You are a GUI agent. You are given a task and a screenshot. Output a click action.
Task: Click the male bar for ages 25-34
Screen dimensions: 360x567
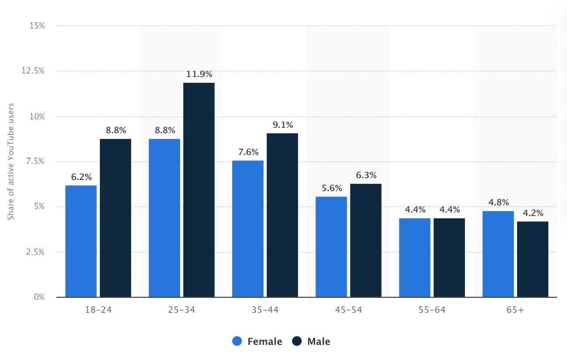(x=199, y=190)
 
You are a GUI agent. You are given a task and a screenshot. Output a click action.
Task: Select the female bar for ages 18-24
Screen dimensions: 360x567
(x=81, y=241)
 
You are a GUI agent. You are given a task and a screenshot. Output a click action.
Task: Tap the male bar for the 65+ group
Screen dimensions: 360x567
(x=533, y=259)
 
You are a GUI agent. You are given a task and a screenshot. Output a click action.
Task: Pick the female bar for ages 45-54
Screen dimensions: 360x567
(x=331, y=246)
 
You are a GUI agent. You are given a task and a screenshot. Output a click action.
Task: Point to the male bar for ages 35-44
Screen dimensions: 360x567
(x=282, y=215)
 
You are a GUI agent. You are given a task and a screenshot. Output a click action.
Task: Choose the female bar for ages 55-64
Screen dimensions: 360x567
(x=415, y=257)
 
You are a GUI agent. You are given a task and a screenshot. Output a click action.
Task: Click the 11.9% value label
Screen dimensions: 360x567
(x=199, y=74)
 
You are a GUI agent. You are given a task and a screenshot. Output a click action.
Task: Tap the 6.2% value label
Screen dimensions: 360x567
(x=81, y=177)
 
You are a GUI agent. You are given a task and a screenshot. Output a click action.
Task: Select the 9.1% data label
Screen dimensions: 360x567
(x=282, y=125)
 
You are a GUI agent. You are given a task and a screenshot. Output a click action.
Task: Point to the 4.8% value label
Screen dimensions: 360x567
(x=498, y=202)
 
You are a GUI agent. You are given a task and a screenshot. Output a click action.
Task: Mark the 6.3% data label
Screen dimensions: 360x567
(x=366, y=175)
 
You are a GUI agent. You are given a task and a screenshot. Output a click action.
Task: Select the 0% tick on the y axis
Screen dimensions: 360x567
(x=40, y=297)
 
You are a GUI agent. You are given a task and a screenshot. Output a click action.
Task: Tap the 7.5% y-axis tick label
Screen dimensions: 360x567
(x=36, y=162)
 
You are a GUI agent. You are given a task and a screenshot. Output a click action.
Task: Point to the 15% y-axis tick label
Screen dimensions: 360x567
(x=37, y=26)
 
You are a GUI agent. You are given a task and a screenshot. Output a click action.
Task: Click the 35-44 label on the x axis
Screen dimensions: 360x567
(x=265, y=310)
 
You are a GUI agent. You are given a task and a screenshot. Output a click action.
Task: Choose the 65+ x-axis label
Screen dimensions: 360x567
(x=515, y=310)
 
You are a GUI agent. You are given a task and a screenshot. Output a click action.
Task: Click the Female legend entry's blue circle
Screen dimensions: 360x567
(x=238, y=342)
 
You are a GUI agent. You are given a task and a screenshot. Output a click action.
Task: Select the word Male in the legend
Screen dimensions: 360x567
(x=319, y=342)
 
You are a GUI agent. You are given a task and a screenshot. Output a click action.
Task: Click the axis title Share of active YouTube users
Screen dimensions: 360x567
(x=11, y=161)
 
